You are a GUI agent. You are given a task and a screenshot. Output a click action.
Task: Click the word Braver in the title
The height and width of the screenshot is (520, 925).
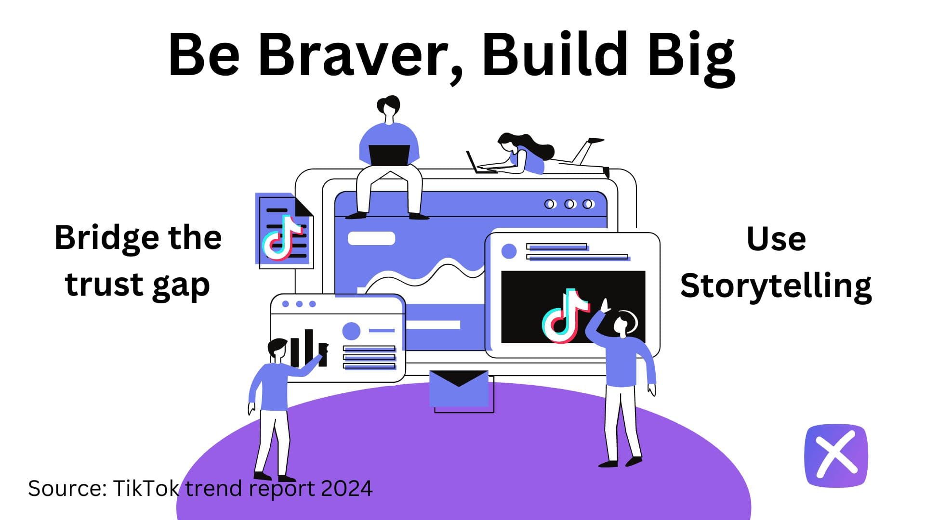point(358,54)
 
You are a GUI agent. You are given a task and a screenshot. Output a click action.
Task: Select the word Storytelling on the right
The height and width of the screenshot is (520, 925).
point(776,286)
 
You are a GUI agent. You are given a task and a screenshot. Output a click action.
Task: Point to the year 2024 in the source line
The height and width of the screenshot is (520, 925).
point(347,488)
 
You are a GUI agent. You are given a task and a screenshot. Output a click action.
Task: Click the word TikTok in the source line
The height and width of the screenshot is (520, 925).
point(146,488)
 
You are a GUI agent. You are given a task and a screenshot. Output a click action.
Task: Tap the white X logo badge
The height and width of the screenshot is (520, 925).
point(836,455)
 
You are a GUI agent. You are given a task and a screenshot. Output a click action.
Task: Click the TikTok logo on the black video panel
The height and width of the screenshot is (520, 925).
point(566,316)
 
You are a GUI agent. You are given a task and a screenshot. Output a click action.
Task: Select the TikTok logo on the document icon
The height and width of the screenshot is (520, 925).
point(282,239)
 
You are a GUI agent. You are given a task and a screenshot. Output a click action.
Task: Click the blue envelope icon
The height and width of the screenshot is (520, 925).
point(459,388)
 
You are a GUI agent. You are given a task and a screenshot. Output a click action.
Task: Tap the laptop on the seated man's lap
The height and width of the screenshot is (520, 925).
point(389,155)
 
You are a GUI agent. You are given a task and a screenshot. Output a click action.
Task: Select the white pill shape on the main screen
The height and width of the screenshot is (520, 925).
point(371,238)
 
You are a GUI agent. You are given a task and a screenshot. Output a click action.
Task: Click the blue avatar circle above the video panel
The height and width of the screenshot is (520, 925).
point(509,251)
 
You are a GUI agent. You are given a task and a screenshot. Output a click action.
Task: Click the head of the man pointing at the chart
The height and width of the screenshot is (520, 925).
point(277,350)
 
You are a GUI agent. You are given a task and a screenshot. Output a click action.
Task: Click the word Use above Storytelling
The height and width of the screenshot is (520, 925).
point(776,239)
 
